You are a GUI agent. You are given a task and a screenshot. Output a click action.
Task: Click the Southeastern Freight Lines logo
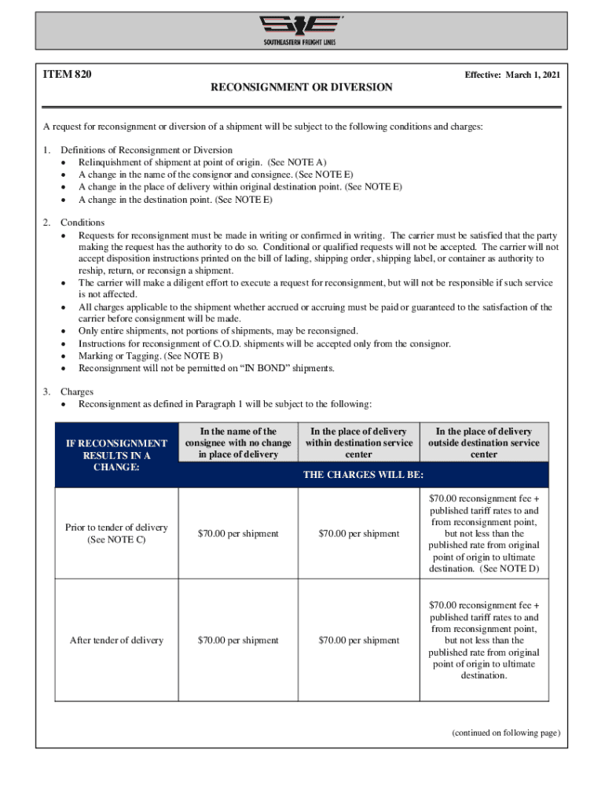(302, 30)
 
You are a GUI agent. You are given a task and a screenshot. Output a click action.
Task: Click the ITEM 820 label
(67, 75)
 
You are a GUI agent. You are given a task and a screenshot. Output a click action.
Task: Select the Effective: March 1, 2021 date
(511, 75)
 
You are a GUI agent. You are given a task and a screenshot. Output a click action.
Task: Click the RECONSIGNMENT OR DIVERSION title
(302, 87)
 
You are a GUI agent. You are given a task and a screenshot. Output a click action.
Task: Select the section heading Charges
(77, 391)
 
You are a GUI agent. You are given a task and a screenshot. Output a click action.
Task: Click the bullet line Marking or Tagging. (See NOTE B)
(150, 356)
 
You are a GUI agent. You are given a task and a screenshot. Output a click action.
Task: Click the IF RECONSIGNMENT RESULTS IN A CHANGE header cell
(117, 455)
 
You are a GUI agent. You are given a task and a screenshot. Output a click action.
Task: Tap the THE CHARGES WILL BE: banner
(364, 475)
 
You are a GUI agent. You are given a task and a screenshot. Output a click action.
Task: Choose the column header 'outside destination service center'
(484, 443)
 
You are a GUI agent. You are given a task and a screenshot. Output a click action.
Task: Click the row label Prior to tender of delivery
(117, 533)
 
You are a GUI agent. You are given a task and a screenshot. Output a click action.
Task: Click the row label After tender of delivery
(117, 641)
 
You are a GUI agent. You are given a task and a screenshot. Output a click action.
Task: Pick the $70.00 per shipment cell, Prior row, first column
(239, 534)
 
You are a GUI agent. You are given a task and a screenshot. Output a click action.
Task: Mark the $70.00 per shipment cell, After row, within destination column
(360, 641)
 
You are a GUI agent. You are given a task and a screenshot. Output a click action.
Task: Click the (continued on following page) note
(505, 733)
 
